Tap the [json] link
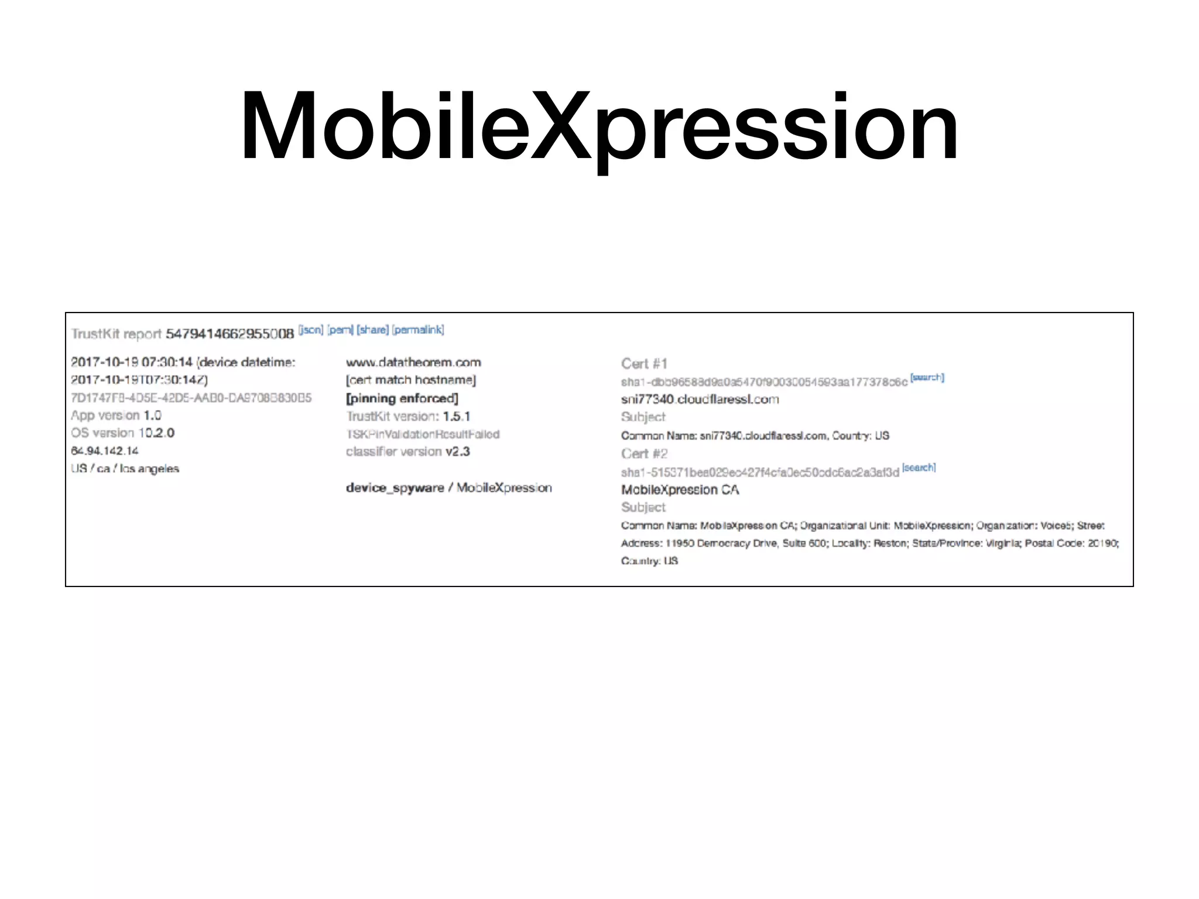(x=311, y=330)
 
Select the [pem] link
(x=340, y=330)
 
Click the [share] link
(x=373, y=330)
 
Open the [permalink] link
(x=418, y=330)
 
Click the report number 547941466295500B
(x=230, y=334)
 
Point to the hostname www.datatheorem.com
(x=413, y=362)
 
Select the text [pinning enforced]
(x=402, y=399)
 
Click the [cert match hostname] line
(x=411, y=380)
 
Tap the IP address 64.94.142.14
(x=105, y=451)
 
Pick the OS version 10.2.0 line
(x=123, y=433)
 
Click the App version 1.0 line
(x=116, y=416)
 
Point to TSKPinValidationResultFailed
(x=423, y=434)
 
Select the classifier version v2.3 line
(x=408, y=452)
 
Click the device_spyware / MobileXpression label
(x=449, y=488)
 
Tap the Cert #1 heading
(x=644, y=364)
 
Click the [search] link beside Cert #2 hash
(x=919, y=468)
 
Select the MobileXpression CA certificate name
(x=680, y=490)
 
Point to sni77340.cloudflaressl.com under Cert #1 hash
(x=700, y=400)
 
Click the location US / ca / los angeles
(x=125, y=469)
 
